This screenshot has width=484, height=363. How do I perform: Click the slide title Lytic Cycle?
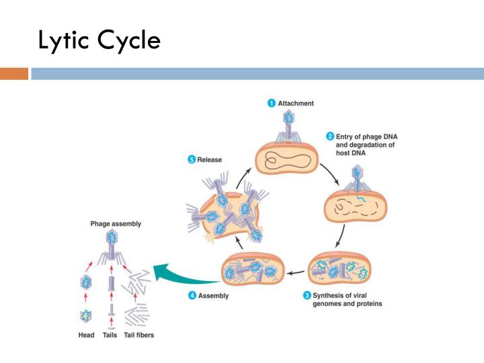coord(99,40)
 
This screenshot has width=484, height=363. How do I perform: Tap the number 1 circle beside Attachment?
coord(272,103)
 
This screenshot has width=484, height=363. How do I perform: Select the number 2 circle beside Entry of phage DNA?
coord(330,136)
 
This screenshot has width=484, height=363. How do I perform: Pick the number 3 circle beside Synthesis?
coord(307,295)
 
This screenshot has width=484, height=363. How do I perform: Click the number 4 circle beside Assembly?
coord(192,295)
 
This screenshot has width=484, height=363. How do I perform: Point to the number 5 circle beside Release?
coord(192,159)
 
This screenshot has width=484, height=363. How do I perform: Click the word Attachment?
coord(296,104)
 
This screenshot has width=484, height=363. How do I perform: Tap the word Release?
coord(210,160)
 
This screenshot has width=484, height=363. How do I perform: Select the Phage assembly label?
coord(116,224)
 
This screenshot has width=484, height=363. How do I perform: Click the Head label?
coord(86,335)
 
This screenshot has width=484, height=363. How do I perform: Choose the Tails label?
coord(110,335)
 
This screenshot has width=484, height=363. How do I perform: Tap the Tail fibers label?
coord(139,335)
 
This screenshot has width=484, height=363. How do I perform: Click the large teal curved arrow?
coord(182,276)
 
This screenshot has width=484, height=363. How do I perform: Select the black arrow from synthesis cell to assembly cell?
coord(295,272)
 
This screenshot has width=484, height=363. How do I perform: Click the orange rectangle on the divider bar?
coord(14,74)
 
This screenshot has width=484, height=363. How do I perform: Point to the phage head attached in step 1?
coord(289,118)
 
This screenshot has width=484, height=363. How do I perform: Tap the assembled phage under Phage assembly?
coord(112,249)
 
